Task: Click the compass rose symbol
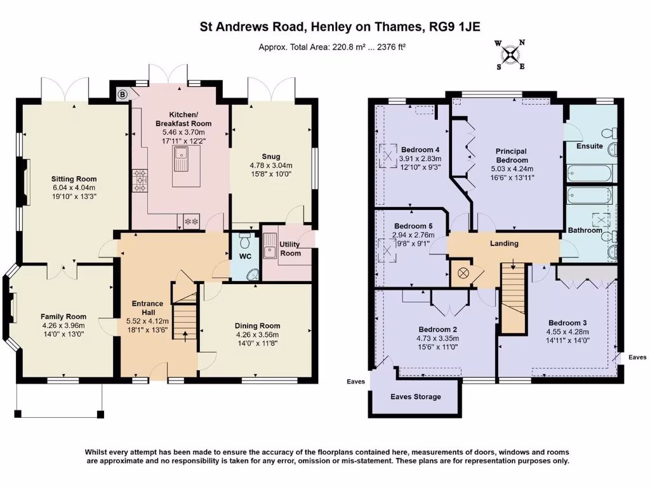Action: coord(510,55)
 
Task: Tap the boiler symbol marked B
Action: coord(123,95)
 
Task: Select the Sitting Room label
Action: coord(74,179)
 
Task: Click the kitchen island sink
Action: coord(181,159)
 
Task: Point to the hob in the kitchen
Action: coord(140,181)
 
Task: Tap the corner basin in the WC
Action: coord(252,274)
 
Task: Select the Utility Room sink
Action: coord(269,246)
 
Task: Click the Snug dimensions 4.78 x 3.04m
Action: coord(270,166)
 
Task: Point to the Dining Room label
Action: coord(258,326)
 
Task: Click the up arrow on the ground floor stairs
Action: coord(185,336)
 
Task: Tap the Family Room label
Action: coord(63,317)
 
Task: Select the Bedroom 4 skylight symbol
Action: coord(388,156)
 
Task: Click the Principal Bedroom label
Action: coord(512,156)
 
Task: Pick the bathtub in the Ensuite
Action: coord(589,173)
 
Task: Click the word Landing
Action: coord(504,243)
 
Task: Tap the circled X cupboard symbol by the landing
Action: coord(463,273)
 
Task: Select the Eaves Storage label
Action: coord(415,397)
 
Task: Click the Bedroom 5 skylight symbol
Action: coord(388,250)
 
